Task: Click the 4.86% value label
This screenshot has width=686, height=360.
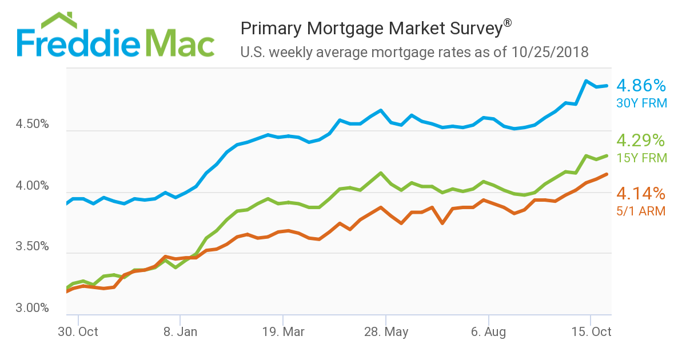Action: point(641,86)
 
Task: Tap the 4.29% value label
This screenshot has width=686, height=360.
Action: point(641,141)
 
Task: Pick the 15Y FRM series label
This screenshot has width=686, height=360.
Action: point(641,158)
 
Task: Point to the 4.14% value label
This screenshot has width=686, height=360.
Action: point(641,193)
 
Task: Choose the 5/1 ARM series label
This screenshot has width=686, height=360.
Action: point(641,211)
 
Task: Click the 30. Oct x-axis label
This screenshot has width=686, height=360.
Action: point(78,332)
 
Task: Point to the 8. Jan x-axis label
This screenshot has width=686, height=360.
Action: point(180,332)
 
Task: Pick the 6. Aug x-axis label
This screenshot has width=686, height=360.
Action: point(488,332)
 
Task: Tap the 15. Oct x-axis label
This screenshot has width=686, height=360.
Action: point(591,332)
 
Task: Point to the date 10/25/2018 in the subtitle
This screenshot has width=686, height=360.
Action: point(549,53)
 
